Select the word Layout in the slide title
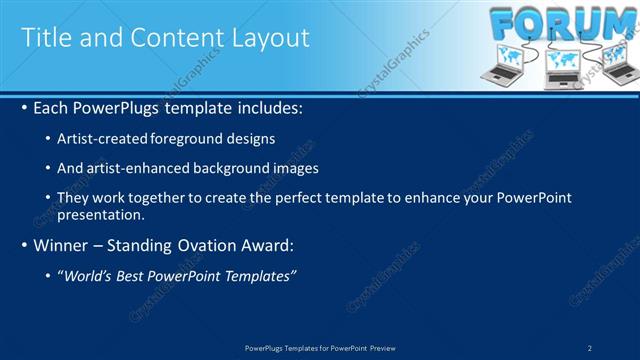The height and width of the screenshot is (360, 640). (270, 38)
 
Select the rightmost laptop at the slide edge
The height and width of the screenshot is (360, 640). (618, 64)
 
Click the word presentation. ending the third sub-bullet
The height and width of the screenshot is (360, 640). (100, 214)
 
